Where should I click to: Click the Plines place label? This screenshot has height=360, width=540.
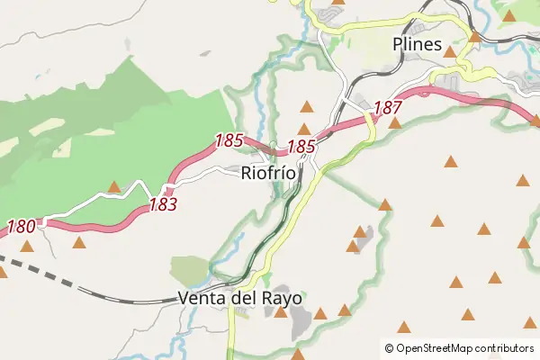pyautogui.click(x=417, y=44)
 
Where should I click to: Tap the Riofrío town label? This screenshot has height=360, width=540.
pyautogui.click(x=268, y=174)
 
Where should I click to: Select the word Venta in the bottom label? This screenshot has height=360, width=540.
pyautogui.click(x=204, y=298)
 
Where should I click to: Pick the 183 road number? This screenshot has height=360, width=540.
pyautogui.click(x=163, y=204)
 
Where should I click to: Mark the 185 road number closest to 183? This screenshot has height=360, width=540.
pyautogui.click(x=229, y=140)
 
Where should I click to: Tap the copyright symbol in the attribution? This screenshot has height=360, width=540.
pyautogui.click(x=389, y=347)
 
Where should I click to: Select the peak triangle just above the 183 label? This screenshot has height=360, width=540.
pyautogui.click(x=114, y=187)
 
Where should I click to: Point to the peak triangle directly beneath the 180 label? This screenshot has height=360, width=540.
pyautogui.click(x=27, y=245)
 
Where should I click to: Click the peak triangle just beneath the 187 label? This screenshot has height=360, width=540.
pyautogui.click(x=394, y=122)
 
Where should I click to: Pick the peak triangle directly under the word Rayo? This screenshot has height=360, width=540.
pyautogui.click(x=281, y=312)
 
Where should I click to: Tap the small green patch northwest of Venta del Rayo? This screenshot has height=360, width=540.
pyautogui.click(x=190, y=269)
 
